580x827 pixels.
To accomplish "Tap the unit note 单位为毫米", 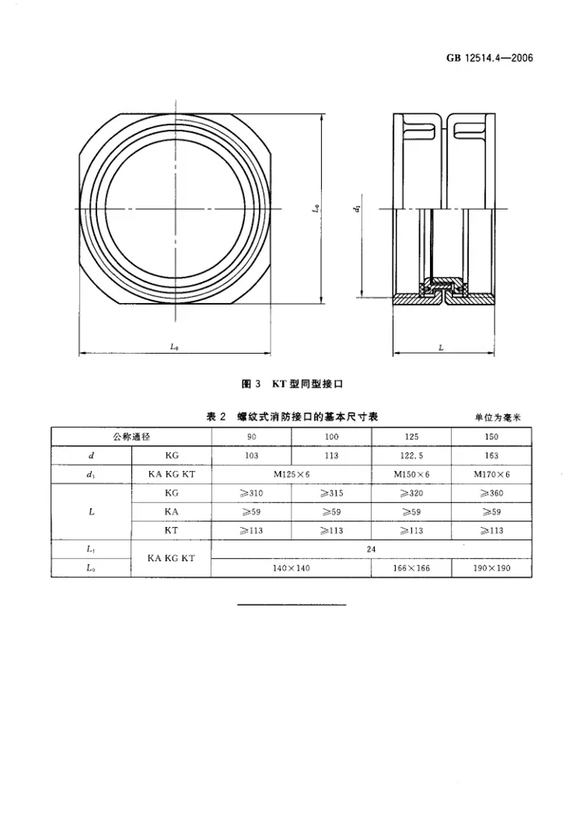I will [x=499, y=417].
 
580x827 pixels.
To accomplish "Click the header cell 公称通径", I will [x=130, y=437].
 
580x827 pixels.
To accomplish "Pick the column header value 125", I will [x=411, y=437].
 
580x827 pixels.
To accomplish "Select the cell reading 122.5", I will [x=411, y=455].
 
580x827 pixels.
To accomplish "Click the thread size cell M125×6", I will [x=291, y=474].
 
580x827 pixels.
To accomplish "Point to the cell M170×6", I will [x=492, y=474].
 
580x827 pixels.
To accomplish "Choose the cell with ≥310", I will [x=251, y=493].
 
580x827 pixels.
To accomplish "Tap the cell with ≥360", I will [x=492, y=493].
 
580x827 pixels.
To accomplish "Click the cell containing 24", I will [x=371, y=549].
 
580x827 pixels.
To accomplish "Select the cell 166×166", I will [x=411, y=568].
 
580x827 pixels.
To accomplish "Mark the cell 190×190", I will [x=492, y=568].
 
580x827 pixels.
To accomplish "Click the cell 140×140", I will [x=291, y=568].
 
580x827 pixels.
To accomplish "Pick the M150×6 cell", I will [x=411, y=474].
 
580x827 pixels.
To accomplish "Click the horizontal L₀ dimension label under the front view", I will [x=175, y=348].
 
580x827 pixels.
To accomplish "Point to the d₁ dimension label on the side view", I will [x=357, y=209].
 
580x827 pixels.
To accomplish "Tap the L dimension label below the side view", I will [x=442, y=348].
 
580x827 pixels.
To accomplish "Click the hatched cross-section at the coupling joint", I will [x=444, y=291].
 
